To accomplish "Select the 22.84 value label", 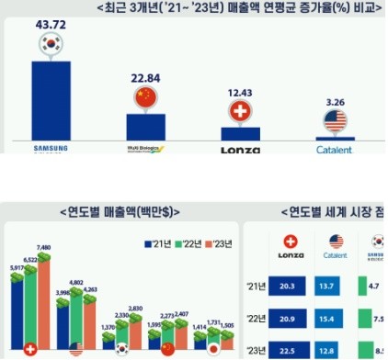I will pyautogui.click(x=145, y=75).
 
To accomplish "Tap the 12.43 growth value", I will pyautogui.click(x=242, y=94).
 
